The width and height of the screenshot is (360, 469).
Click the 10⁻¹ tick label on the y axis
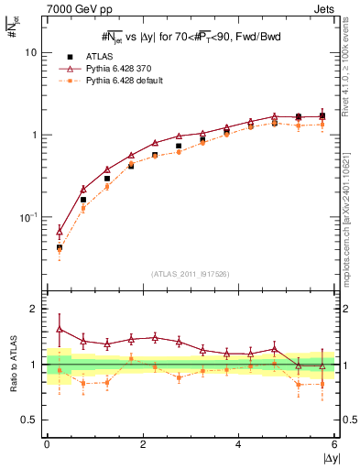29,218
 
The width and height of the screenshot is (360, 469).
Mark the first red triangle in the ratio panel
60,328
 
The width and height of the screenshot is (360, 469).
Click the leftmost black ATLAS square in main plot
60,247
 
